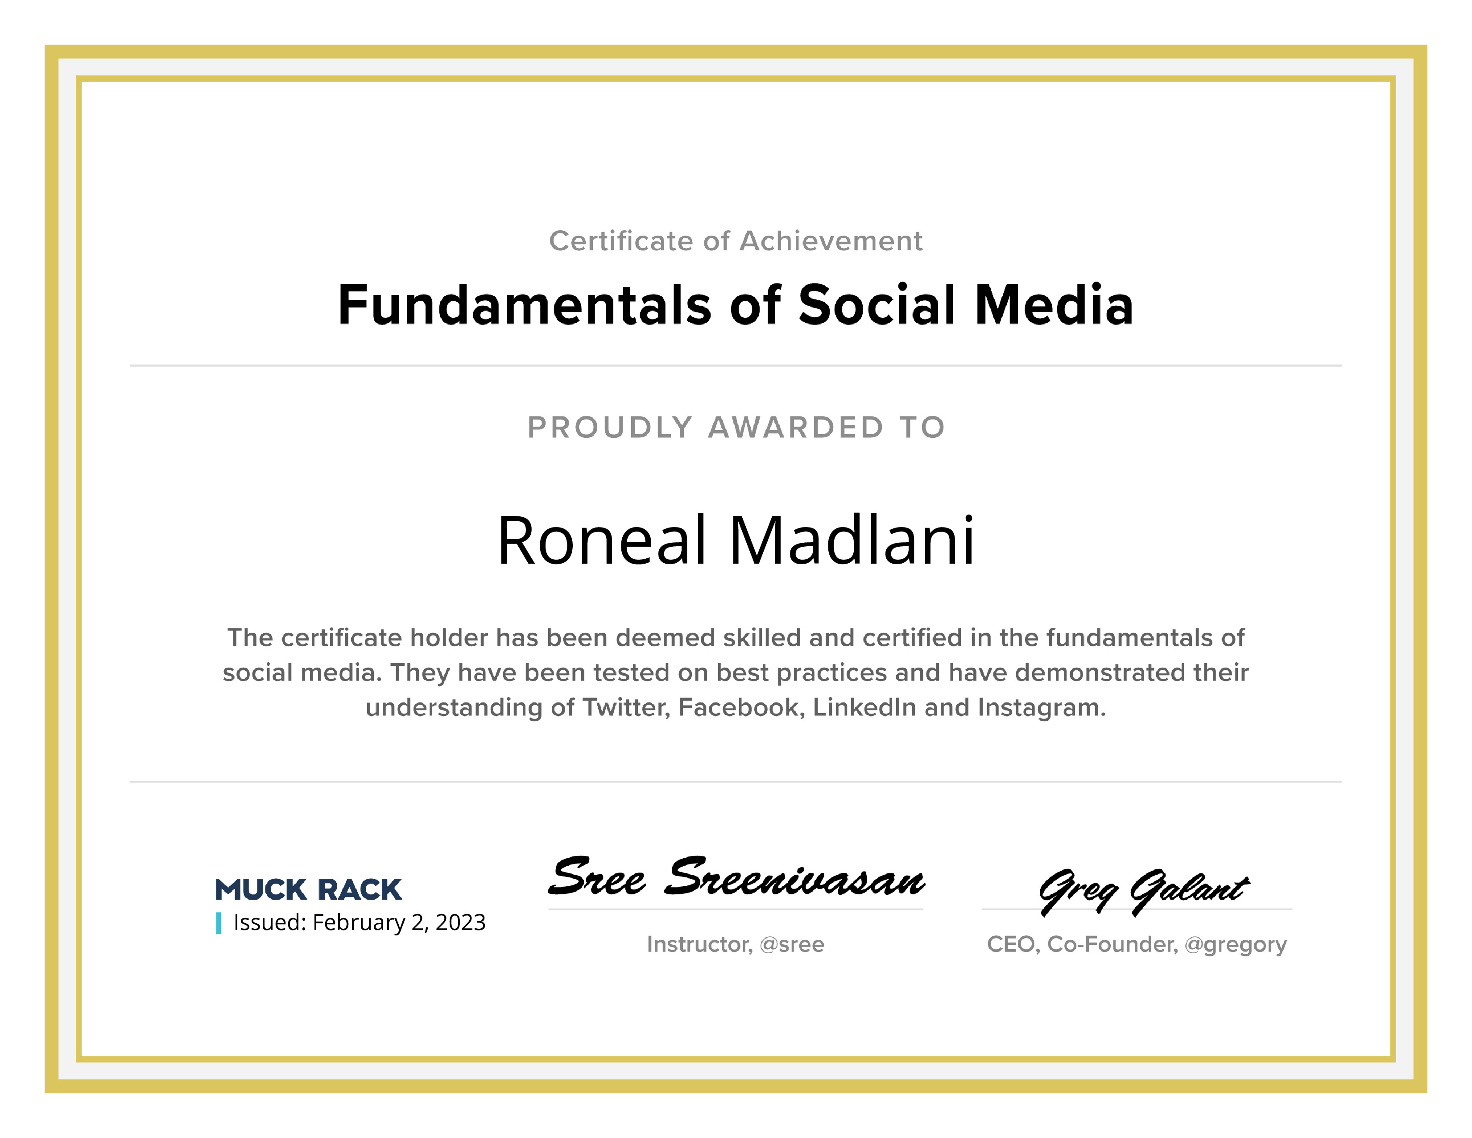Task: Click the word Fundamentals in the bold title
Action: click(525, 305)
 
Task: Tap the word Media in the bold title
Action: click(1054, 305)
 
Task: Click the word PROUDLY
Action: click(609, 428)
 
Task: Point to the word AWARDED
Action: click(795, 428)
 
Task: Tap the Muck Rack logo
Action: click(308, 889)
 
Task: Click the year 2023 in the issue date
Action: click(460, 922)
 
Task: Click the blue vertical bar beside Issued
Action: click(219, 923)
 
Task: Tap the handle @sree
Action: click(792, 944)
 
